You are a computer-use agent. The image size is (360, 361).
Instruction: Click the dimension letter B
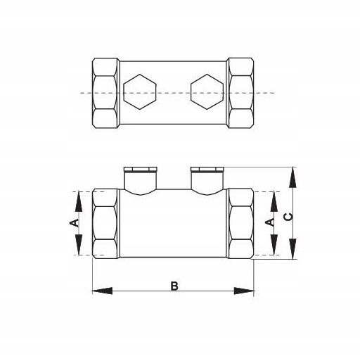click(x=174, y=286)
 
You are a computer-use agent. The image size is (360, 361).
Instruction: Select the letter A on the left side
click(x=75, y=222)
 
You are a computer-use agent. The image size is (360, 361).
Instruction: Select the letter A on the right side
click(x=271, y=222)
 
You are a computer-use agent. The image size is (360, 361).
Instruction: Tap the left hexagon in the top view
click(x=140, y=91)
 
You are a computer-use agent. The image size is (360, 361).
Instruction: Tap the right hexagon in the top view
click(x=207, y=91)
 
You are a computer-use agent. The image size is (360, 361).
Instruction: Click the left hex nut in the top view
click(x=105, y=93)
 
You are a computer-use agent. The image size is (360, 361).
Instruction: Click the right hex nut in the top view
click(x=241, y=93)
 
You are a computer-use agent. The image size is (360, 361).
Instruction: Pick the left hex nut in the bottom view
click(x=105, y=224)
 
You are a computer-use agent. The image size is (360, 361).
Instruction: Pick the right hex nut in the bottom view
click(x=241, y=224)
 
